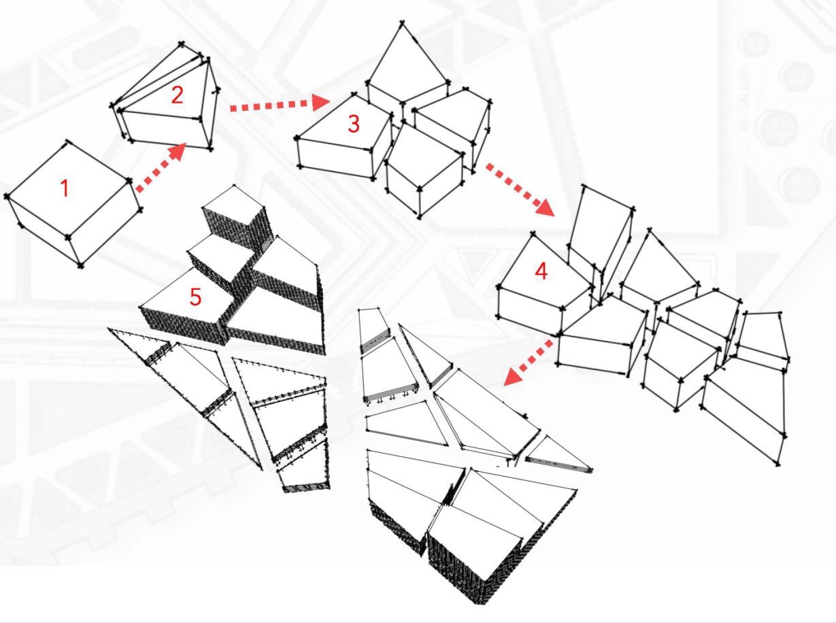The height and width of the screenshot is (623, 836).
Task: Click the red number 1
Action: coord(65,188)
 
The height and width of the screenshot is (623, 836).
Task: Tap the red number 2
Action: coord(177,95)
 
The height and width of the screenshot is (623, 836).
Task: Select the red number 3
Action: coord(353,124)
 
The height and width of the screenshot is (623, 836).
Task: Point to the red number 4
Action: coord(541,271)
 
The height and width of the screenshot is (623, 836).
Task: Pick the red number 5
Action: coord(195,297)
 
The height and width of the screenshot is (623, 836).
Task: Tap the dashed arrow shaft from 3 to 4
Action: coord(510,183)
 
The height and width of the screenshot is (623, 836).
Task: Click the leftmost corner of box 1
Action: coord(7,197)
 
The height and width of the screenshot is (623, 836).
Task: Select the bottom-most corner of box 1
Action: coord(81,265)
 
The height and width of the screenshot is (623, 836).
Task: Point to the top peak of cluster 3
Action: coord(403,22)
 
